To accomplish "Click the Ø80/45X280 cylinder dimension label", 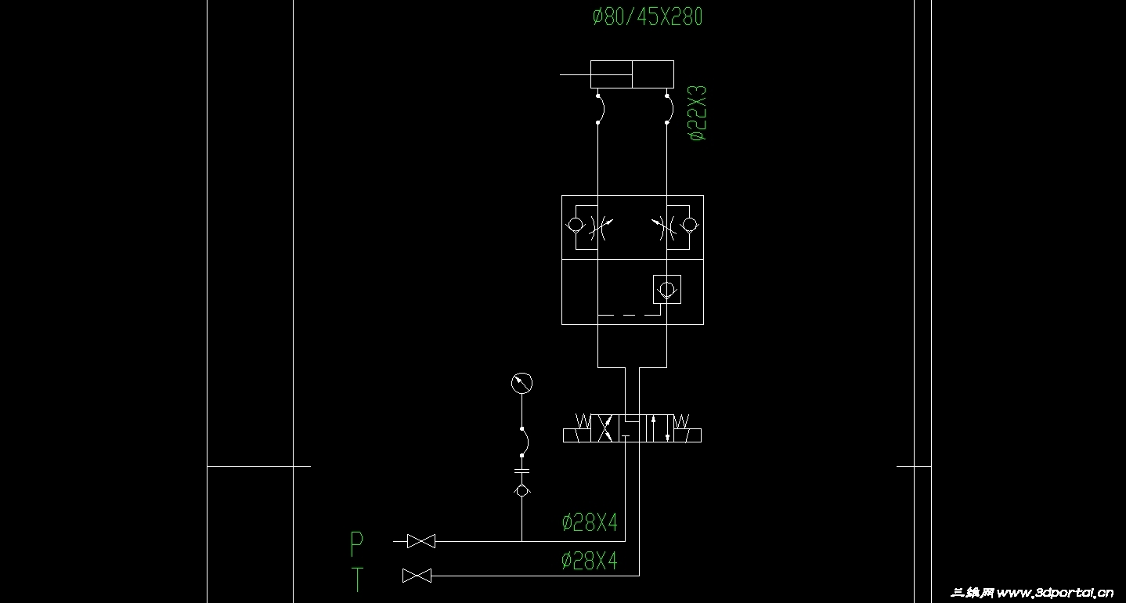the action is point(648,16).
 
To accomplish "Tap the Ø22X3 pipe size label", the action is point(698,113).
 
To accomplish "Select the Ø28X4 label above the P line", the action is point(590,522).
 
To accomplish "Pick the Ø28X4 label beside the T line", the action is point(590,560).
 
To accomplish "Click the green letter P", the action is point(356,543).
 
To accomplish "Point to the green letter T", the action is point(357,580).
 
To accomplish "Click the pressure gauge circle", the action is point(521,383).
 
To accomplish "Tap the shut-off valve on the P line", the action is point(421,541).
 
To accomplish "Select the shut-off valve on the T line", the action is point(417,576).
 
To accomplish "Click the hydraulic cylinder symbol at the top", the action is point(632,74).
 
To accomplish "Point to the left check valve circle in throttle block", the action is point(575,225).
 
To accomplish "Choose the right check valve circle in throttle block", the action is point(690,225).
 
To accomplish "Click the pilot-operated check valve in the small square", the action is point(667,289).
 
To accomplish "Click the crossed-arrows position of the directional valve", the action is point(605,428).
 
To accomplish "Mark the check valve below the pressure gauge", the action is point(521,490).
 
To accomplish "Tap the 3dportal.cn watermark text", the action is point(1032,593).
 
